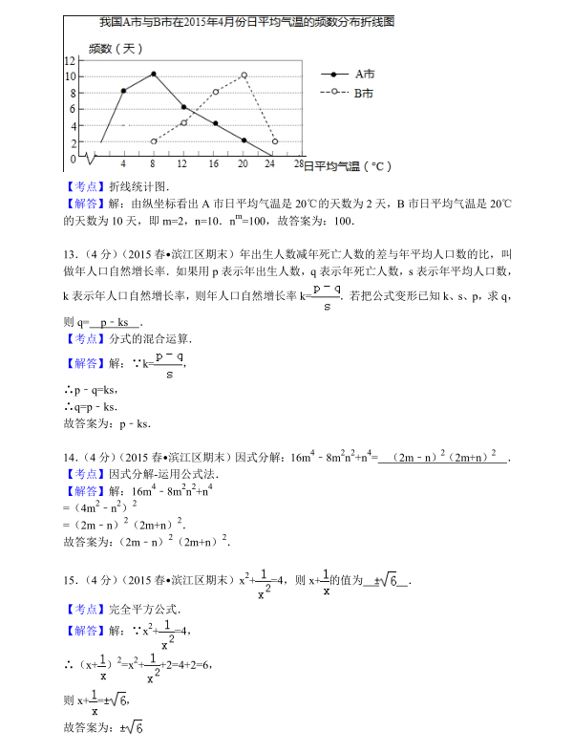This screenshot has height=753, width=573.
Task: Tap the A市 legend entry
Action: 364,74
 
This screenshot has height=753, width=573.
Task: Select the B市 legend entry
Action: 364,93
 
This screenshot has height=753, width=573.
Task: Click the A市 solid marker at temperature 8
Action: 153,74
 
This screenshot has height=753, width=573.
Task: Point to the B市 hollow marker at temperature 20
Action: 244,75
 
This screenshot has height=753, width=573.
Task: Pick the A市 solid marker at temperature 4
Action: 123,91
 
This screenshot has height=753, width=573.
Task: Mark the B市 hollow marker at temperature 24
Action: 275,141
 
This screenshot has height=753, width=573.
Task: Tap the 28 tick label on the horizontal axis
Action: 298,164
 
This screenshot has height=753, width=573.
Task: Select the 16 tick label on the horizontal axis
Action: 213,164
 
